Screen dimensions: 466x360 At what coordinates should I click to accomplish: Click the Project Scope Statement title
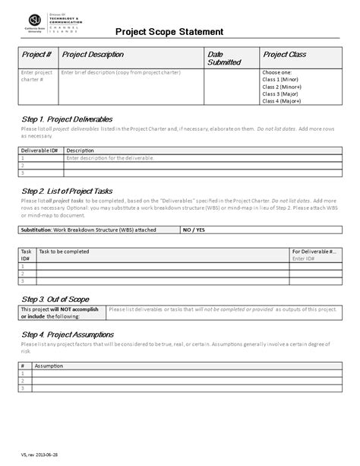pos(169,32)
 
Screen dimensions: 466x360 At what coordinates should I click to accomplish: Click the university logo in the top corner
pos(36,21)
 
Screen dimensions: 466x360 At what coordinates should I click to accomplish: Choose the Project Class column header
pos(284,55)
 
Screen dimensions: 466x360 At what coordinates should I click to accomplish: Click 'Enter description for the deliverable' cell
pos(109,157)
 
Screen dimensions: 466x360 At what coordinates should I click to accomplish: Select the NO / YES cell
pos(194,228)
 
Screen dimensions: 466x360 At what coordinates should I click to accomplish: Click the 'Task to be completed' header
pos(65,250)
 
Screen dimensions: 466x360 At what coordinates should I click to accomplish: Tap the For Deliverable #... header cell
pos(314,250)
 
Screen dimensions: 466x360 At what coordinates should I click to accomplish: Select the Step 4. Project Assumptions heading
pos(68,334)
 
